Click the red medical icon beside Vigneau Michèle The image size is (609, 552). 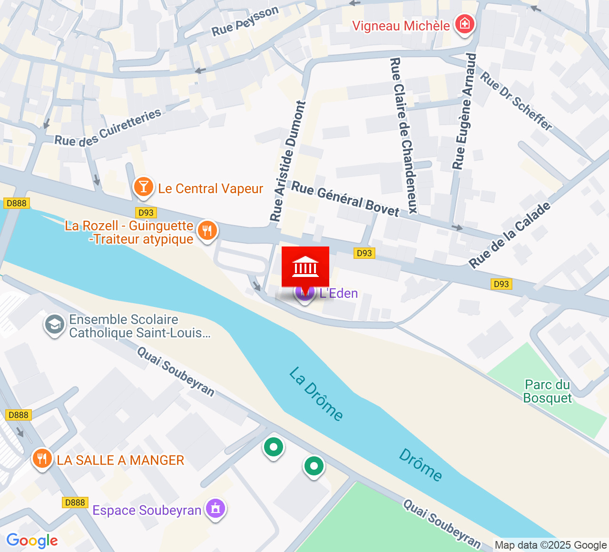click(464, 24)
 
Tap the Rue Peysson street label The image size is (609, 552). click(245, 22)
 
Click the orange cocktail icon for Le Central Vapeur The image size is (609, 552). click(143, 187)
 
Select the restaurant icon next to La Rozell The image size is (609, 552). click(207, 231)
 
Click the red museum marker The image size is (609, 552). click(305, 267)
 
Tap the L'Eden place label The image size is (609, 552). click(339, 293)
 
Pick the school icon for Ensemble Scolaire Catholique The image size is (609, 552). click(54, 325)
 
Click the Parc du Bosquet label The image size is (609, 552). click(547, 391)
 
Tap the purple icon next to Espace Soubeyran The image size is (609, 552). click(216, 509)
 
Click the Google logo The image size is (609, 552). click(32, 541)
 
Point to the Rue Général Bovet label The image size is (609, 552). click(345, 199)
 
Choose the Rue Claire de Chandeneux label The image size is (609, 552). click(403, 136)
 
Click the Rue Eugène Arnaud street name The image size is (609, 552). click(464, 111)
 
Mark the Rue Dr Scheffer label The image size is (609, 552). click(516, 101)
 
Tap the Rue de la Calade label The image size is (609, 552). click(510, 235)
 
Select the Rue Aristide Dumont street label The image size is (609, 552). click(289, 161)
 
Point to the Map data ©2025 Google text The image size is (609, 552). click(550, 545)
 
